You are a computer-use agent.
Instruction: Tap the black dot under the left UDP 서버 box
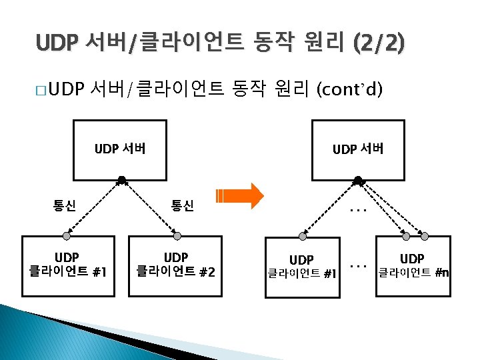[121, 179]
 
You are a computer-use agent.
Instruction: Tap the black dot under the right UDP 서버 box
[358, 179]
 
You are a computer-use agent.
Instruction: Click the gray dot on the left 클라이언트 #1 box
[67, 235]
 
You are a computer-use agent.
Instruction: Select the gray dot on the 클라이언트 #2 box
[176, 235]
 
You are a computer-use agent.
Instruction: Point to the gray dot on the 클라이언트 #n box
[421, 235]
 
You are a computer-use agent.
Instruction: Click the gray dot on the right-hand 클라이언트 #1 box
[303, 235]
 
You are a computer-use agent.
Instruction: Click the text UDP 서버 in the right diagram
[358, 149]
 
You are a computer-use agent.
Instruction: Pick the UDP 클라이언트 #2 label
[176, 264]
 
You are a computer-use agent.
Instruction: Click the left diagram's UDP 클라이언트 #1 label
[66, 264]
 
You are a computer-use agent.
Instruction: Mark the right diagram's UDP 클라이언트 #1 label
[302, 265]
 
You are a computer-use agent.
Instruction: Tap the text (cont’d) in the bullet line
[349, 87]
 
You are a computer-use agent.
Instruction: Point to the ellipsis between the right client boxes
[359, 265]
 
